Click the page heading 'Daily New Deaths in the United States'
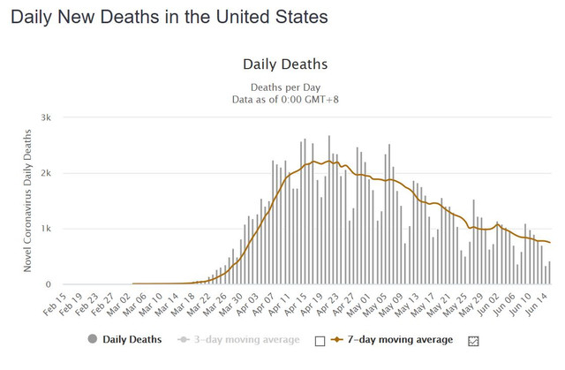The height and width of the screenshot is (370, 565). point(169,17)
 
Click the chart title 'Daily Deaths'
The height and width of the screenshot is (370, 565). point(284,64)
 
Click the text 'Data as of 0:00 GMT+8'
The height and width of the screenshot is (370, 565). point(284,99)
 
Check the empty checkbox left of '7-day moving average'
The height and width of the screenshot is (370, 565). point(320,341)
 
